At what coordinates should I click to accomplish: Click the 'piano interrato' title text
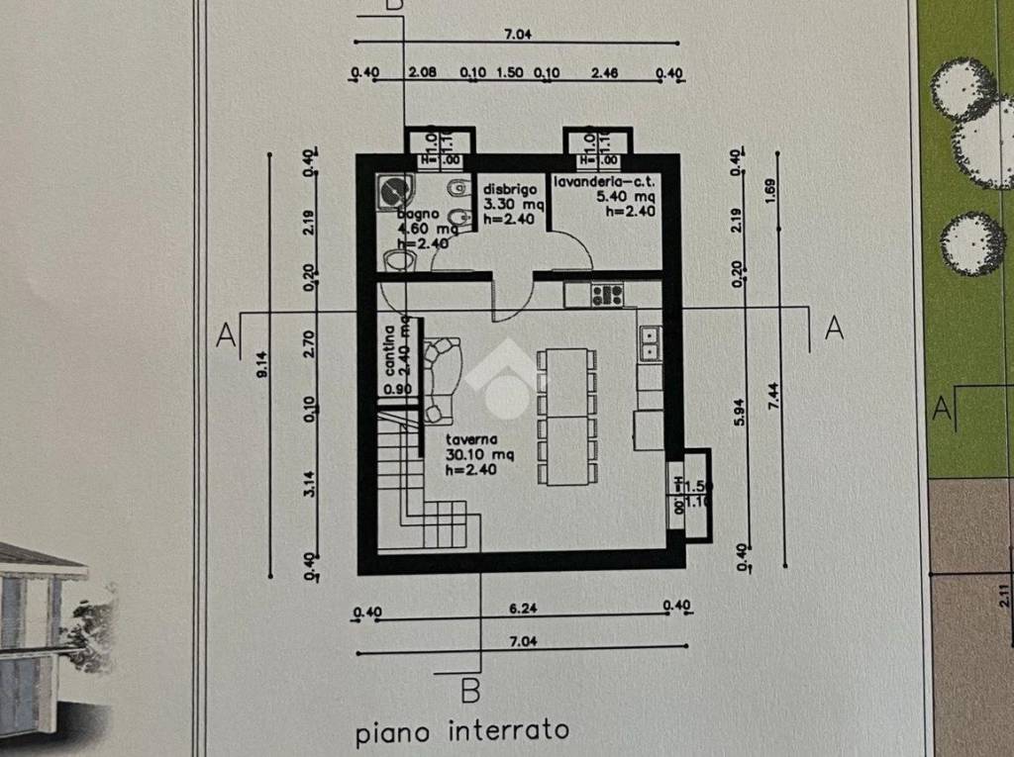(x=462, y=732)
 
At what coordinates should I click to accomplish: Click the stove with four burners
(x=607, y=294)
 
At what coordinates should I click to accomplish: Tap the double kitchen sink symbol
(x=651, y=344)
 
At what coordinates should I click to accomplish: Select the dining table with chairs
(x=565, y=417)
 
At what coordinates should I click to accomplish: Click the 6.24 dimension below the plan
(x=521, y=608)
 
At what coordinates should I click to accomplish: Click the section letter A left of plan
(x=227, y=335)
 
